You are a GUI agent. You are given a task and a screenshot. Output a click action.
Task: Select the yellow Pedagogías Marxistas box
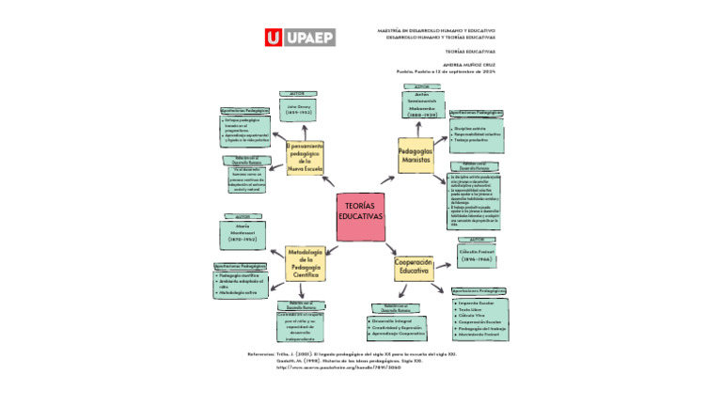(415, 156)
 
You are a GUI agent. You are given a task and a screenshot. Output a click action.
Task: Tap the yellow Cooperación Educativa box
(413, 267)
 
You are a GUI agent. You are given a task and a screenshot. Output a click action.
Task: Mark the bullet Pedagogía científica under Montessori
(241, 275)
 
